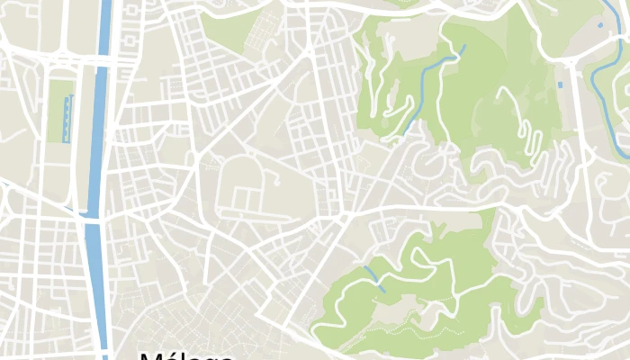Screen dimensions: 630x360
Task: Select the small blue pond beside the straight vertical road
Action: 562,85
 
